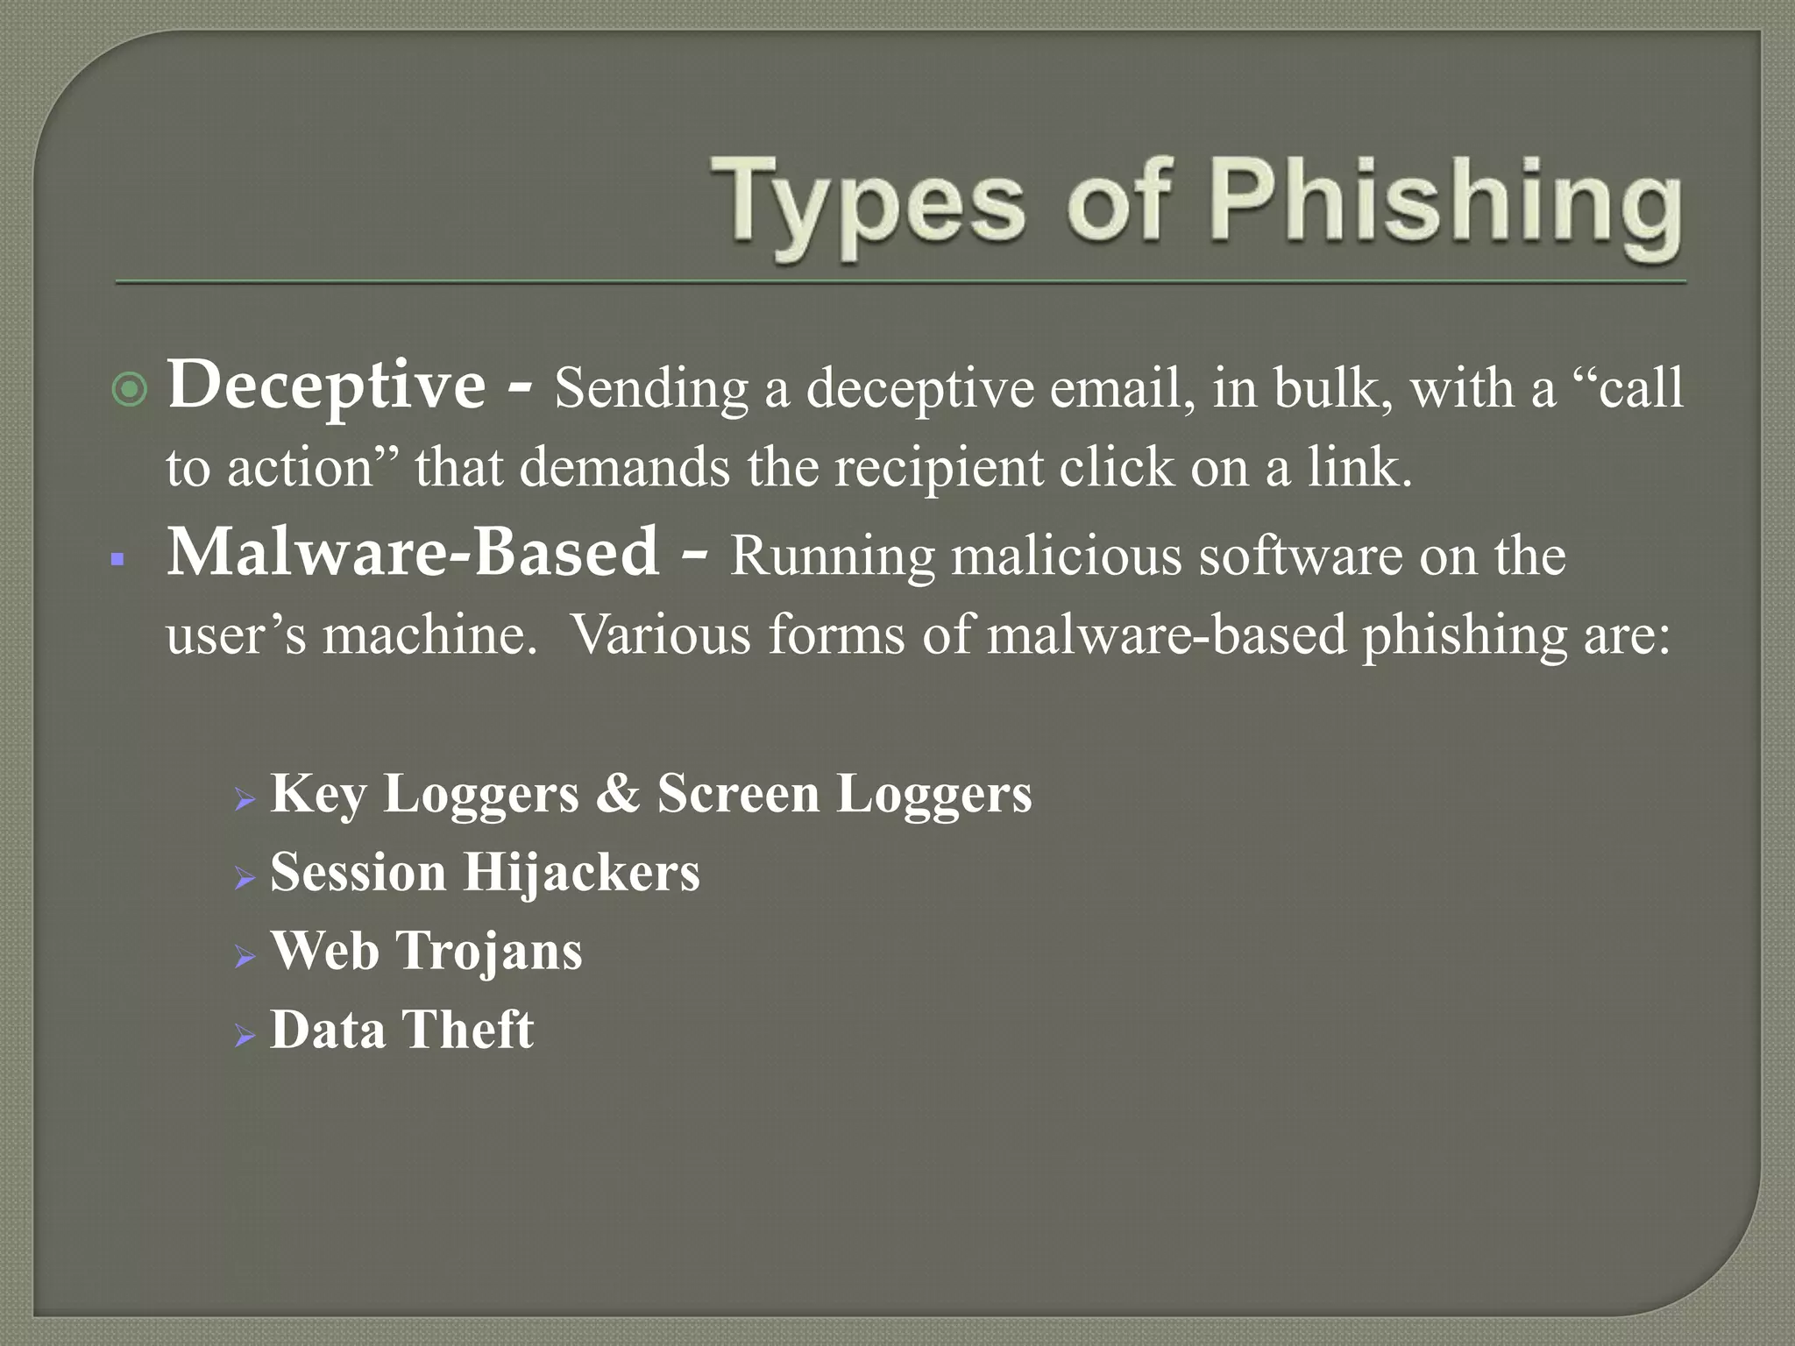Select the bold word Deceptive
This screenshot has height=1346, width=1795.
point(326,386)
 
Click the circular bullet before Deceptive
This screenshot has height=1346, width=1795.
point(131,389)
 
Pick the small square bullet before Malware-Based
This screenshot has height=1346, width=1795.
point(117,559)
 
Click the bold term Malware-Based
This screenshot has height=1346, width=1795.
point(413,553)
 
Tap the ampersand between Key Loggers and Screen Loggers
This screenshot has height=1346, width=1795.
point(618,794)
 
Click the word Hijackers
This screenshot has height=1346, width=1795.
point(581,873)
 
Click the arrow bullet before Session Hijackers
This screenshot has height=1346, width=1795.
point(245,877)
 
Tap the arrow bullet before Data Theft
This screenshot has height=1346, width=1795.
point(245,1036)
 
